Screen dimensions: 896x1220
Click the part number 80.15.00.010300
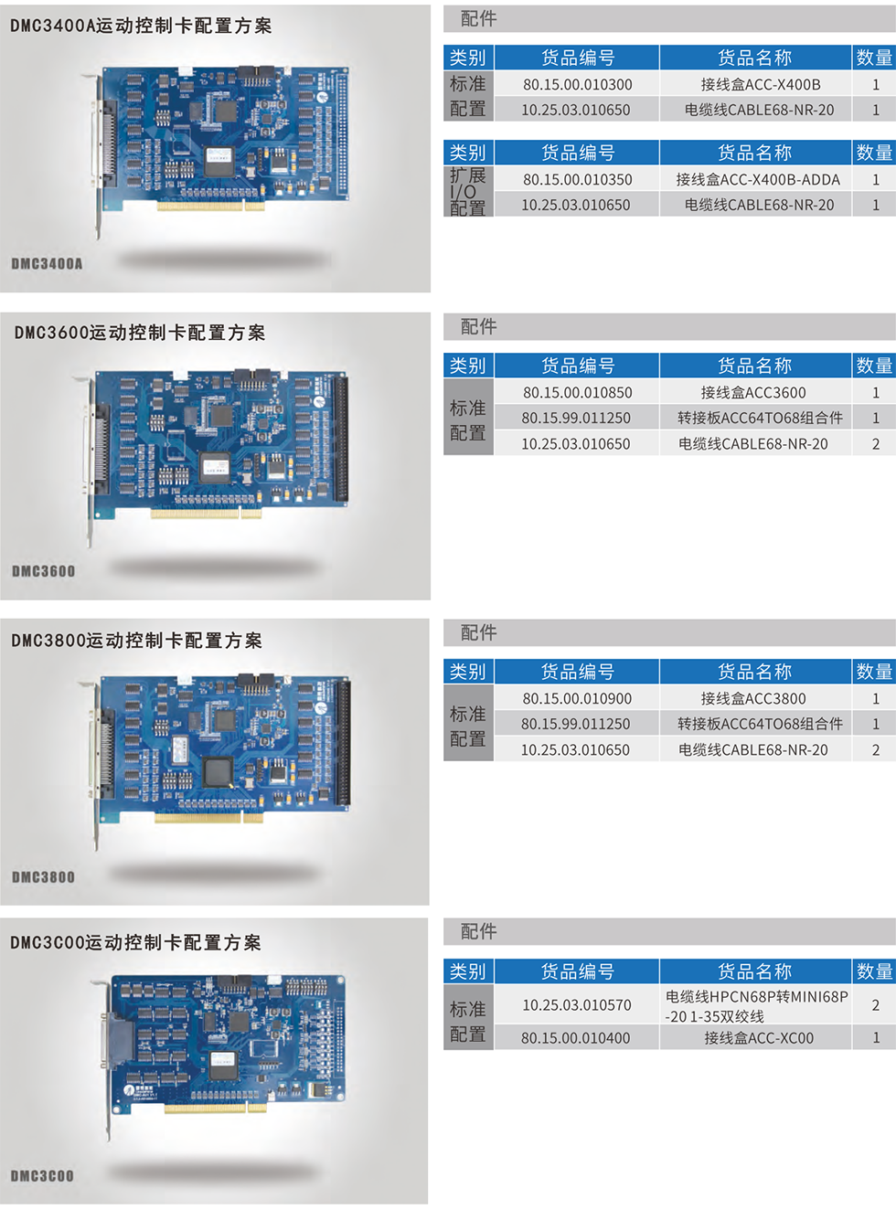[577, 84]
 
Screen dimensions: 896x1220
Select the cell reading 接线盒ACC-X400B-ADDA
[758, 179]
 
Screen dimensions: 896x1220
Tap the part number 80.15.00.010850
[577, 392]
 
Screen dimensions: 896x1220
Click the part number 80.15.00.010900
[577, 698]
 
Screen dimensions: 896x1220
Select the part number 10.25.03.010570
[577, 1005]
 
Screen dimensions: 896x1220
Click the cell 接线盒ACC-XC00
[759, 1038]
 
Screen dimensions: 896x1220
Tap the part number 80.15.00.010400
[575, 1038]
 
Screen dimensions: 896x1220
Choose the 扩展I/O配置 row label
[467, 191]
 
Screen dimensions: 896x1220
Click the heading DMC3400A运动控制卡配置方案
[141, 26]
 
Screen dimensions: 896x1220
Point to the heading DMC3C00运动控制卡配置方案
[135, 942]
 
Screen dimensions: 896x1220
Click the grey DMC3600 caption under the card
[44, 571]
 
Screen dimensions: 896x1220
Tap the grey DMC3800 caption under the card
[44, 877]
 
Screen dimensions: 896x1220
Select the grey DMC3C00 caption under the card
[42, 1176]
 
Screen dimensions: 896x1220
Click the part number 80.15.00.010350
[577, 179]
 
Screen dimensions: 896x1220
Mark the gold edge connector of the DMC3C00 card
[214, 1108]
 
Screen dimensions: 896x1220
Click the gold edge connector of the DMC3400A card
[210, 206]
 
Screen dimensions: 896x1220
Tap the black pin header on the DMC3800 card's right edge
[343, 743]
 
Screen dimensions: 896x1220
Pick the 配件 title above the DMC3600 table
[478, 326]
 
